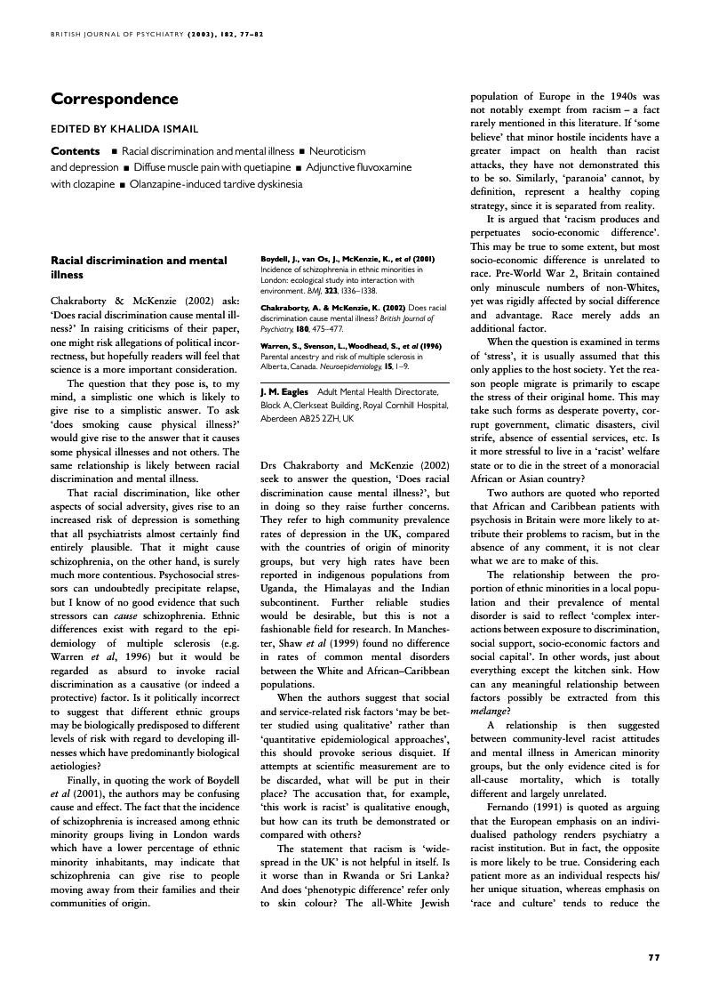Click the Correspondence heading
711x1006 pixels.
(115, 100)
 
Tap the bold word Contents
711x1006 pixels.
(76, 151)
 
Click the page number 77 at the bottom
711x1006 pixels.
(654, 957)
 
